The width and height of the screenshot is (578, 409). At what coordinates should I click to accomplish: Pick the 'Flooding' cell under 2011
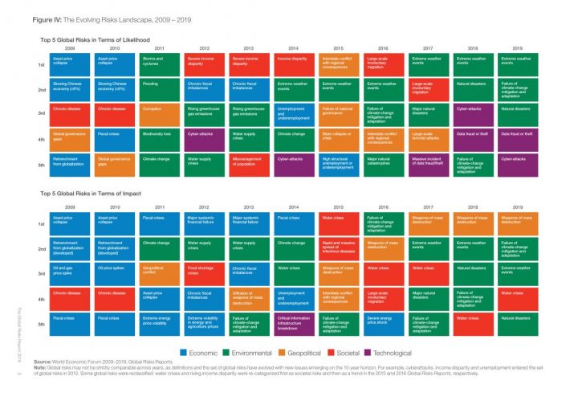[161, 87]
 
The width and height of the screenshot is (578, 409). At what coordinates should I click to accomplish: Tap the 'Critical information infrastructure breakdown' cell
[295, 325]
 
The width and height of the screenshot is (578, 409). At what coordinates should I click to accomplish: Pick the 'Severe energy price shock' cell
[385, 325]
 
